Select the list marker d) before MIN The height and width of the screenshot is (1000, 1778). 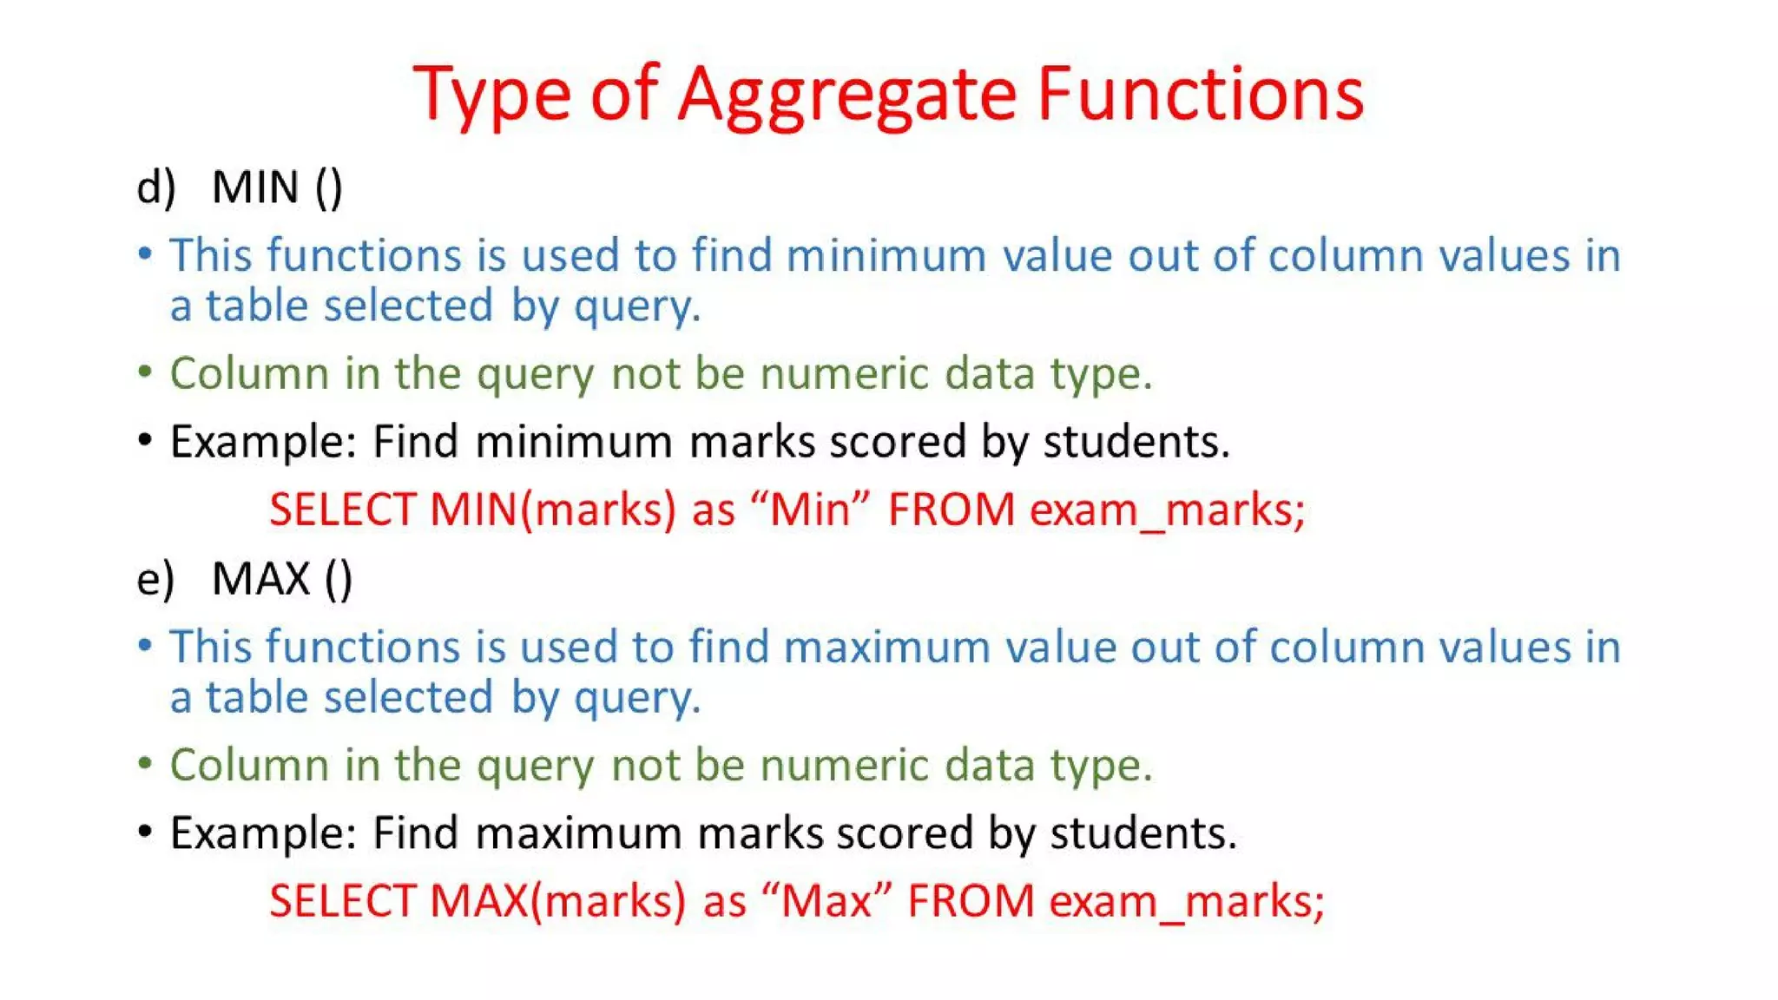[156, 187]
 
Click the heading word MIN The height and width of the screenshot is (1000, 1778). [255, 187]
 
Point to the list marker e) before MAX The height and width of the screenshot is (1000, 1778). [155, 578]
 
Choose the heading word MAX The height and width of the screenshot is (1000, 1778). [261, 578]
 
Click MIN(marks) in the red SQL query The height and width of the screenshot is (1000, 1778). [552, 509]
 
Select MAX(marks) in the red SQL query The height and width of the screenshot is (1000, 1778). [557, 900]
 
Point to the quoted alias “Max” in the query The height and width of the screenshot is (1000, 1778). [826, 900]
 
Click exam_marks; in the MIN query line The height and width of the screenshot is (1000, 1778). [1167, 509]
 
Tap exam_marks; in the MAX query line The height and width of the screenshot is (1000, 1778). [1186, 900]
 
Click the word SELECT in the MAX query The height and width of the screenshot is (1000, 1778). [342, 900]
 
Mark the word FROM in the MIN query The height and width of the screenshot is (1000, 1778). [951, 509]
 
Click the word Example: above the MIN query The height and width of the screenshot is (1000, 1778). [263, 442]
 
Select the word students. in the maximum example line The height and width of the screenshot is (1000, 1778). [1143, 833]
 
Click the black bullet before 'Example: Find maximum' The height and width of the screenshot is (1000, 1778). [145, 832]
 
